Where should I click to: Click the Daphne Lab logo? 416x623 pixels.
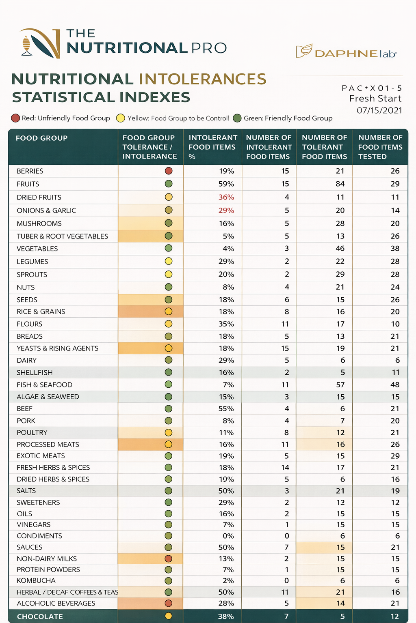click(346, 52)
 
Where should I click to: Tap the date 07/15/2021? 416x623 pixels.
click(379, 110)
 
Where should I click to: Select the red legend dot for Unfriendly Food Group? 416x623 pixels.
click(15, 118)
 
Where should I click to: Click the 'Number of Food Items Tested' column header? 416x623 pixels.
click(380, 147)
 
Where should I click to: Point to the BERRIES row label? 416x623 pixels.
click(30, 171)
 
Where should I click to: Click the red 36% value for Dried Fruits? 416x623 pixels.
click(226, 197)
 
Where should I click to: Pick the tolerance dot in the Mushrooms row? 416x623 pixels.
click(169, 223)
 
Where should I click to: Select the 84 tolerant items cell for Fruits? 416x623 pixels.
click(340, 184)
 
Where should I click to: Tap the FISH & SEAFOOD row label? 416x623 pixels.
click(44, 385)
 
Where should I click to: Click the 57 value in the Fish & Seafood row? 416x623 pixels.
click(340, 385)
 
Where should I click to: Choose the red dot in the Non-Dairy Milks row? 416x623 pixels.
click(169, 559)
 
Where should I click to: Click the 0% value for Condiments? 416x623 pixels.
click(228, 536)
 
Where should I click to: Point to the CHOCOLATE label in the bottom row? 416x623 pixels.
click(40, 617)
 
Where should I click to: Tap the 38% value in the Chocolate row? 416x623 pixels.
click(226, 617)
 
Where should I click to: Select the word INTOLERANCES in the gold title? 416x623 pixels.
click(202, 79)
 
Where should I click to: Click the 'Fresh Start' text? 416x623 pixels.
click(375, 99)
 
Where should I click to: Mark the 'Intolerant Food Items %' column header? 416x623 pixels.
click(212, 147)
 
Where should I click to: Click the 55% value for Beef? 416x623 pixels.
click(226, 408)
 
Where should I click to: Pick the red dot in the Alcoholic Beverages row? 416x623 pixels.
click(169, 603)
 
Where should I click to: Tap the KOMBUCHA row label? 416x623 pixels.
click(36, 580)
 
